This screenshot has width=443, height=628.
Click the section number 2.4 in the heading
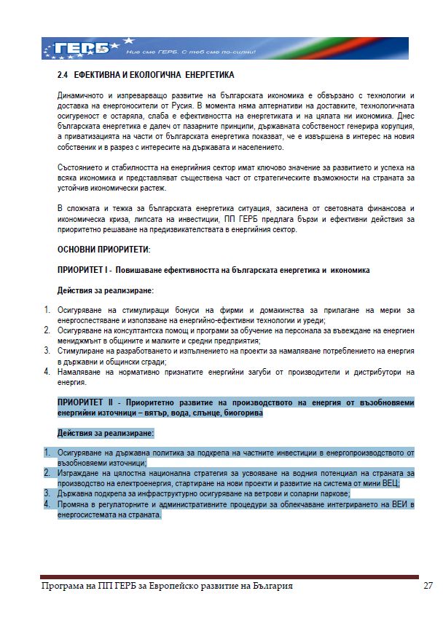(63, 75)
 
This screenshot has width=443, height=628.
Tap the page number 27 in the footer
(428, 587)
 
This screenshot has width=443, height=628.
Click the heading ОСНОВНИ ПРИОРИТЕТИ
(103, 250)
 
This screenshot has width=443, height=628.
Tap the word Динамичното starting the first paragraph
(81, 96)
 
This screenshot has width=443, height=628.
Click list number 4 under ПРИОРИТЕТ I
(47, 371)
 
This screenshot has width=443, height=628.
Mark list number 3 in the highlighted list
(47, 493)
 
